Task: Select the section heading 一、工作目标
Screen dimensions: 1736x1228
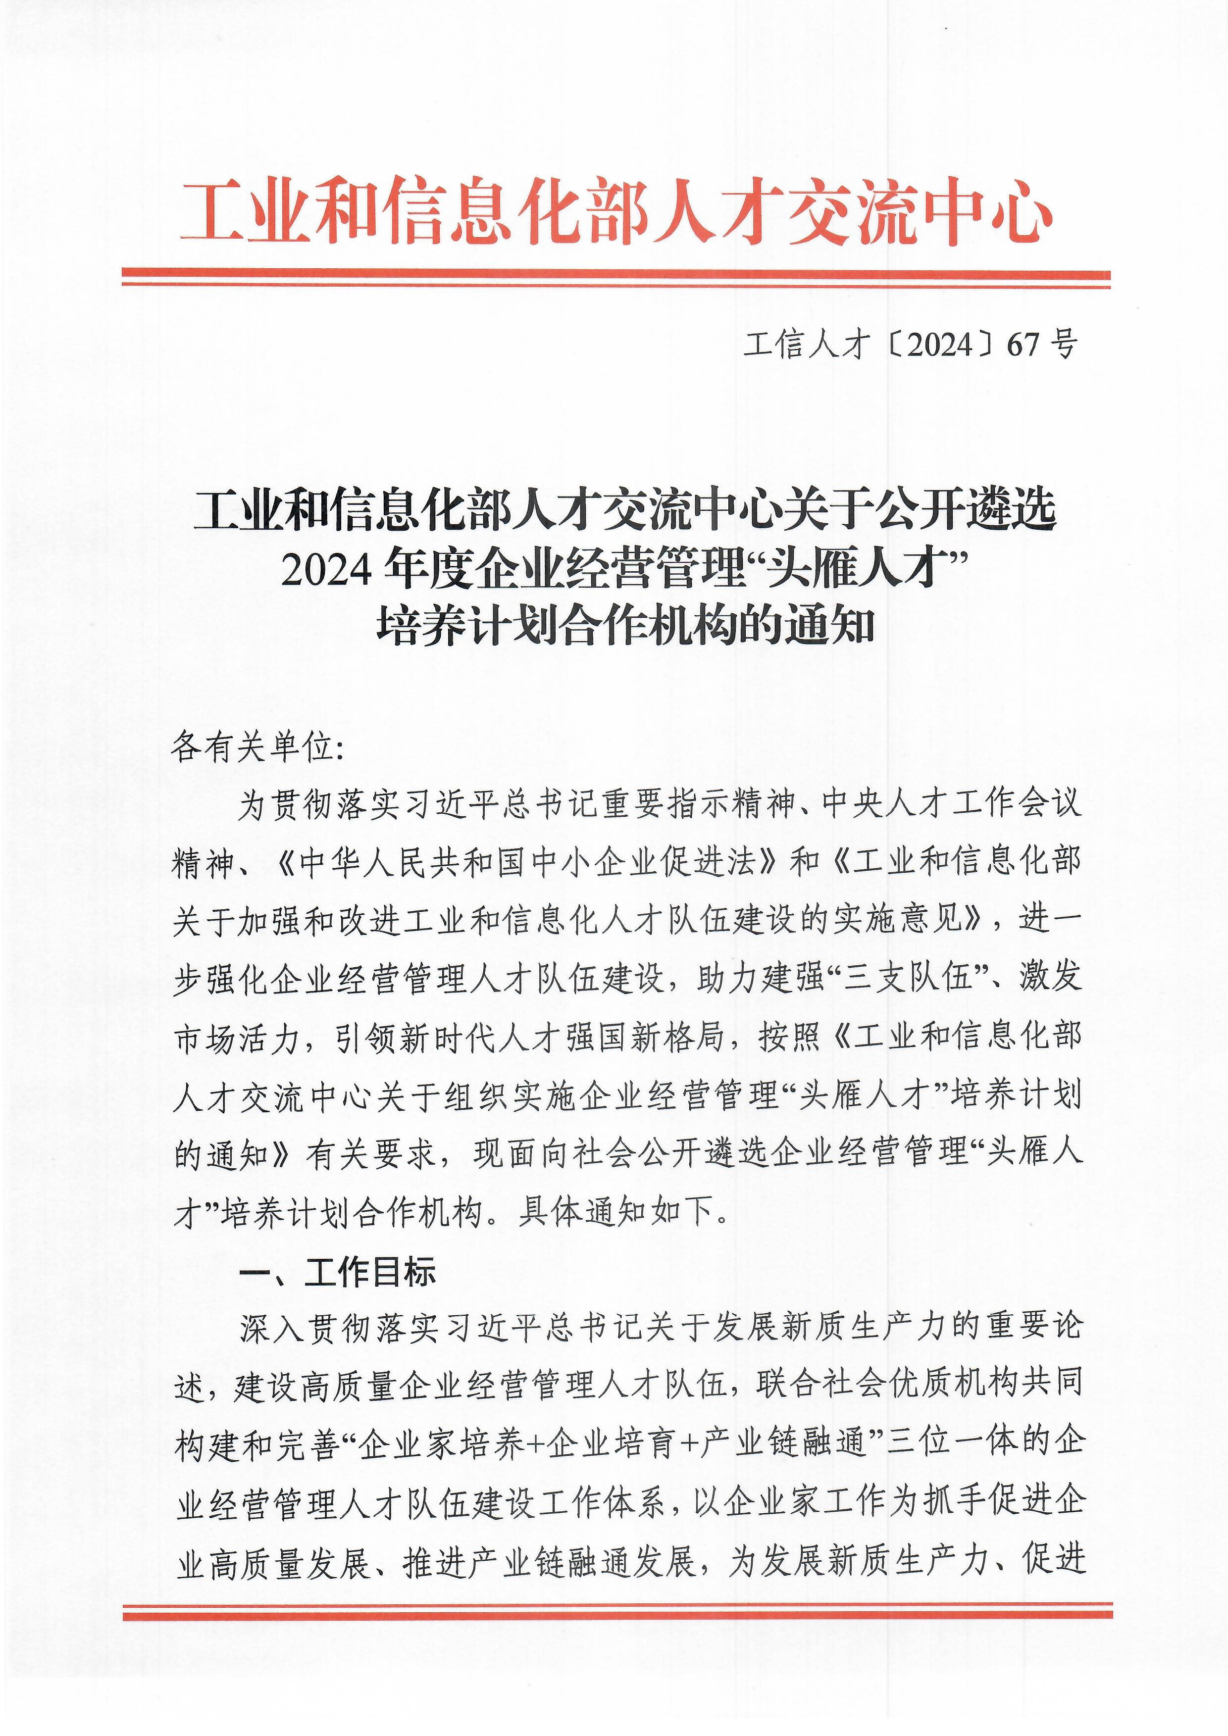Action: tap(337, 1273)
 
